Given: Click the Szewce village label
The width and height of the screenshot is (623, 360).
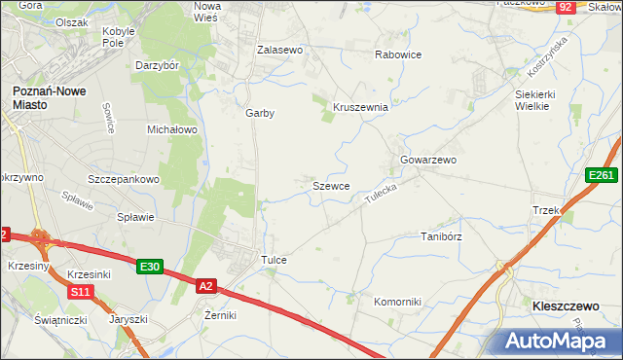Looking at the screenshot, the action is tap(331, 185).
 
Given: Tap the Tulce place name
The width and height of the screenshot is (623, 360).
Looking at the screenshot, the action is tap(273, 261).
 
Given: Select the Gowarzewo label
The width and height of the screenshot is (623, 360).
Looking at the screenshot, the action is tap(428, 160).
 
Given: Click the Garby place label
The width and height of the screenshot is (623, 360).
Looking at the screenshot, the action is tap(260, 113).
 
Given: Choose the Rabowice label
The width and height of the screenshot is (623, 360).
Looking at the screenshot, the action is tap(398, 54).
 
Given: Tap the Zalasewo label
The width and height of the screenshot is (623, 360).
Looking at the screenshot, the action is tap(280, 49).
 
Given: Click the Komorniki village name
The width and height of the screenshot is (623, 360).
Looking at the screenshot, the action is tap(397, 302).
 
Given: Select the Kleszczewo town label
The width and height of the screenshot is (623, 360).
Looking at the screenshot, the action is tap(565, 306).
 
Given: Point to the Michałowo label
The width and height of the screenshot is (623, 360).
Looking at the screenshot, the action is tap(172, 128).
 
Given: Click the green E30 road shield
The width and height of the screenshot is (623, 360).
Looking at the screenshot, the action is tap(149, 267).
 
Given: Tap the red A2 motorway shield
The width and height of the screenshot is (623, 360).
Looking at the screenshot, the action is tap(205, 286).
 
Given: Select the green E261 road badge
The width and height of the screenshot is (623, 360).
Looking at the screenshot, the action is tap(601, 175).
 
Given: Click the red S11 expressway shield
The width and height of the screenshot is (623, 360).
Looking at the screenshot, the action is tap(81, 291).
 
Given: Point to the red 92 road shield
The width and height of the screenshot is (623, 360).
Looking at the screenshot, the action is tap(566, 7).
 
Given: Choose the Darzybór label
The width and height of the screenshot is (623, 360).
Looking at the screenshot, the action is tap(158, 66).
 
